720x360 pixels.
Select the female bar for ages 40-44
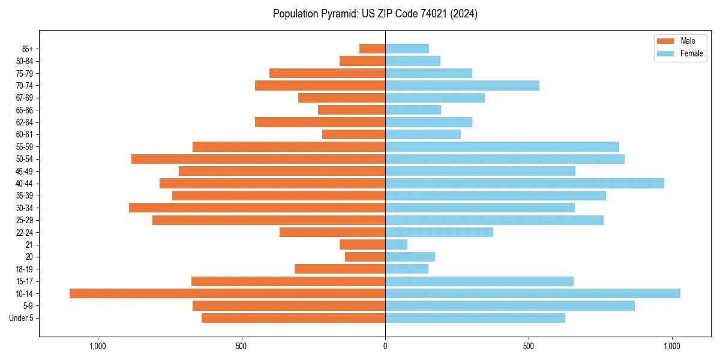tap(524, 184)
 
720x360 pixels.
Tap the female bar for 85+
tap(407, 49)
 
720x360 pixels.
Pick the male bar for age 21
tap(362, 245)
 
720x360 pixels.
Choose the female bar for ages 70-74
tap(462, 86)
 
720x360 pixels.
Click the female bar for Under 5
tap(475, 318)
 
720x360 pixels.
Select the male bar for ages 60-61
tap(353, 134)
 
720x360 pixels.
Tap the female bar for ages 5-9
tap(510, 306)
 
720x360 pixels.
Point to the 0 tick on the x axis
tap(385, 346)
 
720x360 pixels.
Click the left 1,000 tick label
tap(97, 346)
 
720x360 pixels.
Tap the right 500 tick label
tap(529, 346)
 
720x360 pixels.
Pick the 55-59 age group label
tap(25, 147)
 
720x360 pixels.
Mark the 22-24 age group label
tap(25, 233)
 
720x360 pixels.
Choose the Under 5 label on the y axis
tap(22, 318)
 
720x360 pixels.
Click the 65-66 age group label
tap(25, 110)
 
